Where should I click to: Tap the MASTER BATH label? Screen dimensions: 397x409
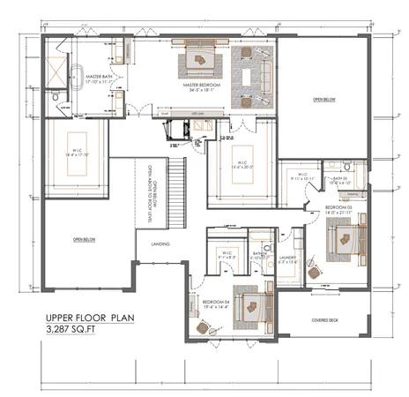point(99,78)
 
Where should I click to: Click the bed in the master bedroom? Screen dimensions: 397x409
point(202,62)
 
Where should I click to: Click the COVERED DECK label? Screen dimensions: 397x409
point(327,319)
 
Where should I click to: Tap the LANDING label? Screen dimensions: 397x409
point(160,243)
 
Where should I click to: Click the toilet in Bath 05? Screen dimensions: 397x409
point(348,166)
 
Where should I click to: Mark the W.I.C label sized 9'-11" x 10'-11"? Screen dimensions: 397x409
point(301,176)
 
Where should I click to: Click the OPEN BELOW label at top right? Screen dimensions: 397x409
point(323,100)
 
